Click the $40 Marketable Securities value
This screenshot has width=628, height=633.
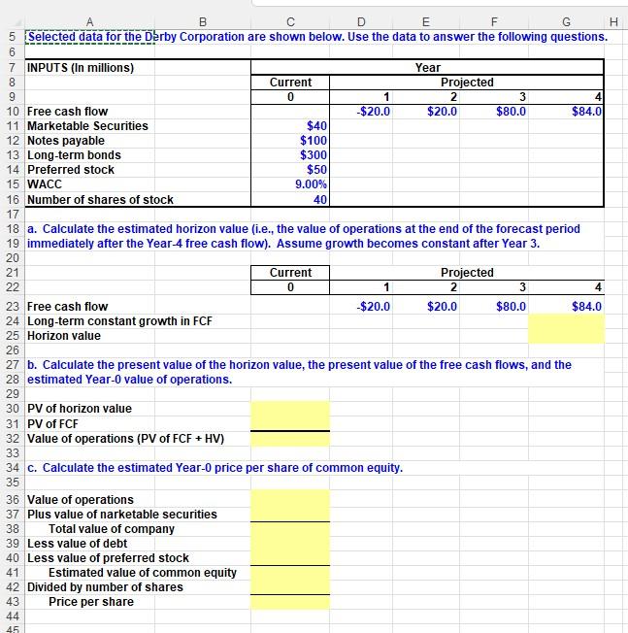(x=316, y=126)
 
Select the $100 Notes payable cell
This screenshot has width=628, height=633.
(x=314, y=141)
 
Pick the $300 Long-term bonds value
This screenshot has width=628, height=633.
(x=314, y=155)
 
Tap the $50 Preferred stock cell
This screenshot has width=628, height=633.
(x=316, y=170)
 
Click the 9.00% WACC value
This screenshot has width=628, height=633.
(x=311, y=184)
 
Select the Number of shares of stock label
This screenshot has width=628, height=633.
(x=100, y=200)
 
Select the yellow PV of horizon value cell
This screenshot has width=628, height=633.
(x=290, y=409)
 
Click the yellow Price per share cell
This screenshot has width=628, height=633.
(x=290, y=602)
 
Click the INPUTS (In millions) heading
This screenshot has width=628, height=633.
(x=80, y=68)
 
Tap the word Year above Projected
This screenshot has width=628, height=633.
(x=427, y=68)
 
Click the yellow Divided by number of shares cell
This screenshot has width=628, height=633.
(x=290, y=587)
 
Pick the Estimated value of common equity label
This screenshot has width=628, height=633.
(x=143, y=573)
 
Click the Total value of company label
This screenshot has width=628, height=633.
(x=112, y=529)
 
